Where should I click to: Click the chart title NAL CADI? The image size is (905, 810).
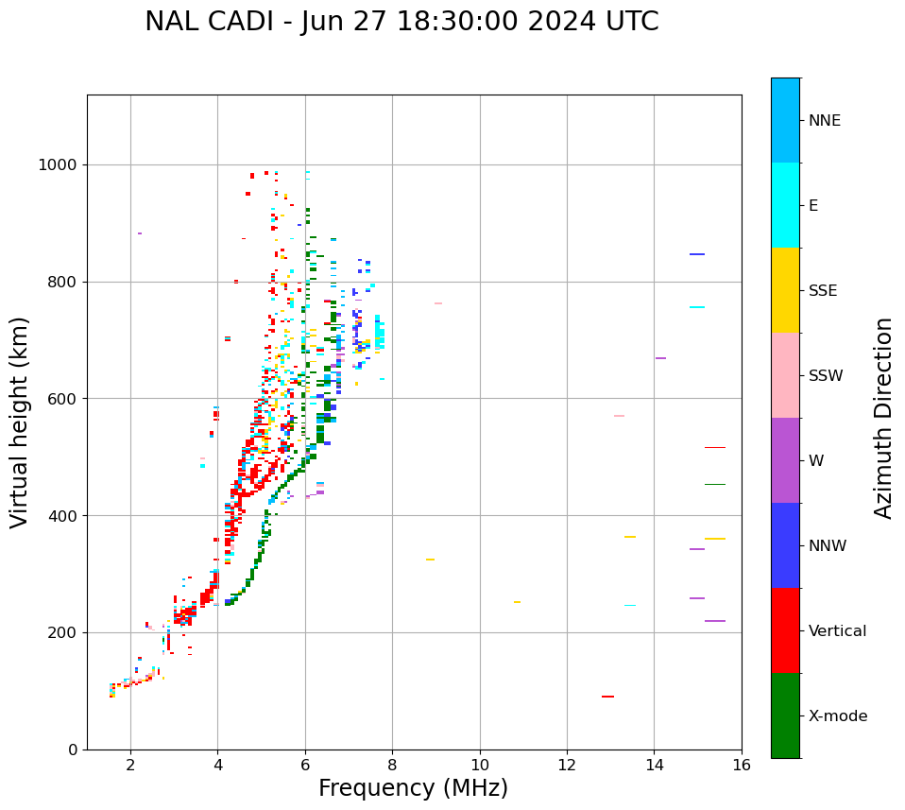pos(401,22)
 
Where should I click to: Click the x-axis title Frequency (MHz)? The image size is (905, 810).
pos(413,788)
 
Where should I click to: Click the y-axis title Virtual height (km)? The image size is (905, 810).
pos(21,422)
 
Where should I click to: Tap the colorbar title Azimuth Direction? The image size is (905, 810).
pos(883,418)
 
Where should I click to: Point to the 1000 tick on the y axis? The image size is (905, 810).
pos(60,165)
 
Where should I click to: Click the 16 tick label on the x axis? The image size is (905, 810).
pos(742,764)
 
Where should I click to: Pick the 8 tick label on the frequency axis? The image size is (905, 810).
pos(392,764)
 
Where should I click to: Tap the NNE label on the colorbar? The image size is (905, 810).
pos(825,121)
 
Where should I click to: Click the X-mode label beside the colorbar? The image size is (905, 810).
pos(838,716)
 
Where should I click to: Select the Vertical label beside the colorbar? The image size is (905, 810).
pos(838,631)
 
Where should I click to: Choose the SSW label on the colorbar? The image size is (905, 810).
pos(826,376)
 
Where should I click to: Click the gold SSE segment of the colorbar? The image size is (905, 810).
pos(785,289)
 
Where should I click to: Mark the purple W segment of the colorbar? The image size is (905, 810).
pos(785,460)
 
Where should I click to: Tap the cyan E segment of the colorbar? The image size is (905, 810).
pos(785,204)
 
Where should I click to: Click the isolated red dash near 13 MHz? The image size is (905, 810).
pos(607,697)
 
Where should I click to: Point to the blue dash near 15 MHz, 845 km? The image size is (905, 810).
pos(697,254)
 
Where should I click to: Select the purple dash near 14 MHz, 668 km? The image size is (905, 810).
pos(660,358)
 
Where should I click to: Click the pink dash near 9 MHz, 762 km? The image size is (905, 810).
pos(438,303)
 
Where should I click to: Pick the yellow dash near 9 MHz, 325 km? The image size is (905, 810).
pos(430,560)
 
